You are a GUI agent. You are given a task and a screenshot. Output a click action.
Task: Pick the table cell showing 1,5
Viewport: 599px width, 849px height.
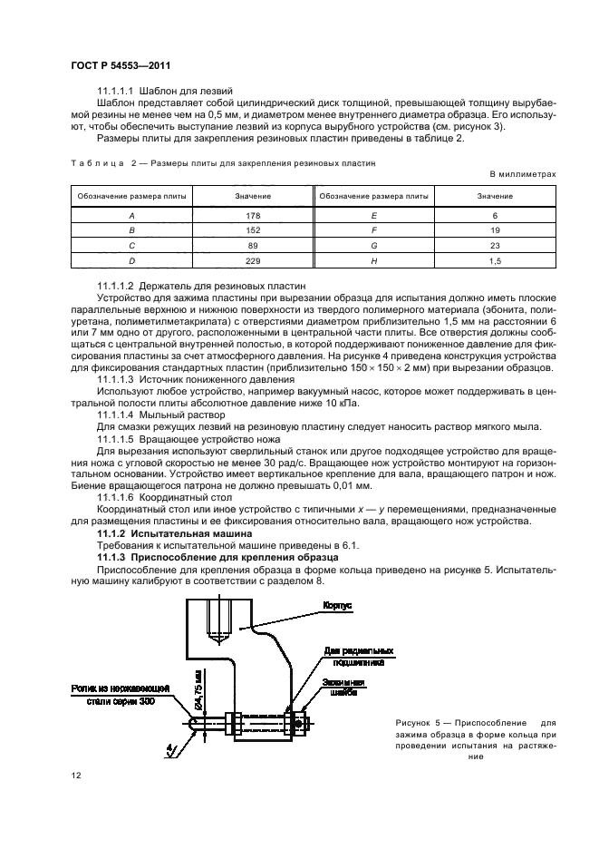pos(494,261)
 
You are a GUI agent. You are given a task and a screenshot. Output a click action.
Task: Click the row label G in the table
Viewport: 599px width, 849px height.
pos(372,246)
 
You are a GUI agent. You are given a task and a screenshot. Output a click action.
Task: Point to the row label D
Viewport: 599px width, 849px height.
pos(132,261)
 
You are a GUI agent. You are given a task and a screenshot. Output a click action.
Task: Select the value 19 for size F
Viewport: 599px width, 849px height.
pos(494,230)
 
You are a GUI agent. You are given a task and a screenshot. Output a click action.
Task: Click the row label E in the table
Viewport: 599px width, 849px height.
pos(372,215)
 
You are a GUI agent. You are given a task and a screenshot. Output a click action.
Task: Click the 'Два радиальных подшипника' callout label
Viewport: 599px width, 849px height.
pos(346,656)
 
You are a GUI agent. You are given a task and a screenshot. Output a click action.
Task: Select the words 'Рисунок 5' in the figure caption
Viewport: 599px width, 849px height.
pos(420,722)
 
